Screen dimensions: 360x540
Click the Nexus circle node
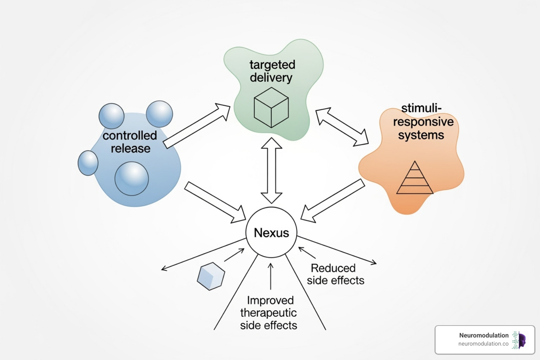[271, 232]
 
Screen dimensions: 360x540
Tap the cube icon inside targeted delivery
[271, 108]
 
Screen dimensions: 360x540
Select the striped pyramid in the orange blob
[414, 179]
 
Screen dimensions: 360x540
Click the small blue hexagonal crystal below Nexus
[211, 276]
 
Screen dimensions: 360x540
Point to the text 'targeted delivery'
[272, 71]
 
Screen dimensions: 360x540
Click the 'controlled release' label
[130, 142]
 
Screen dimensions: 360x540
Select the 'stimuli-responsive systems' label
[423, 122]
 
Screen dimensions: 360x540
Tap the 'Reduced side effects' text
[335, 274]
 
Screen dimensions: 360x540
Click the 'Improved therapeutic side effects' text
[269, 313]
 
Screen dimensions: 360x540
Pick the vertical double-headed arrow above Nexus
[271, 171]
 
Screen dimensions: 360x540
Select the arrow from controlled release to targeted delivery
[197, 126]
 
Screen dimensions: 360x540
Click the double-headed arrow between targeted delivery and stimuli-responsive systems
[342, 127]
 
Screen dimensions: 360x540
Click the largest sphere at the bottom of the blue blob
[132, 179]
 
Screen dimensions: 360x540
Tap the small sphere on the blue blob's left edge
[88, 163]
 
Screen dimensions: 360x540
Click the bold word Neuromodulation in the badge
[484, 335]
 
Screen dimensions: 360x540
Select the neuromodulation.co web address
[483, 344]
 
